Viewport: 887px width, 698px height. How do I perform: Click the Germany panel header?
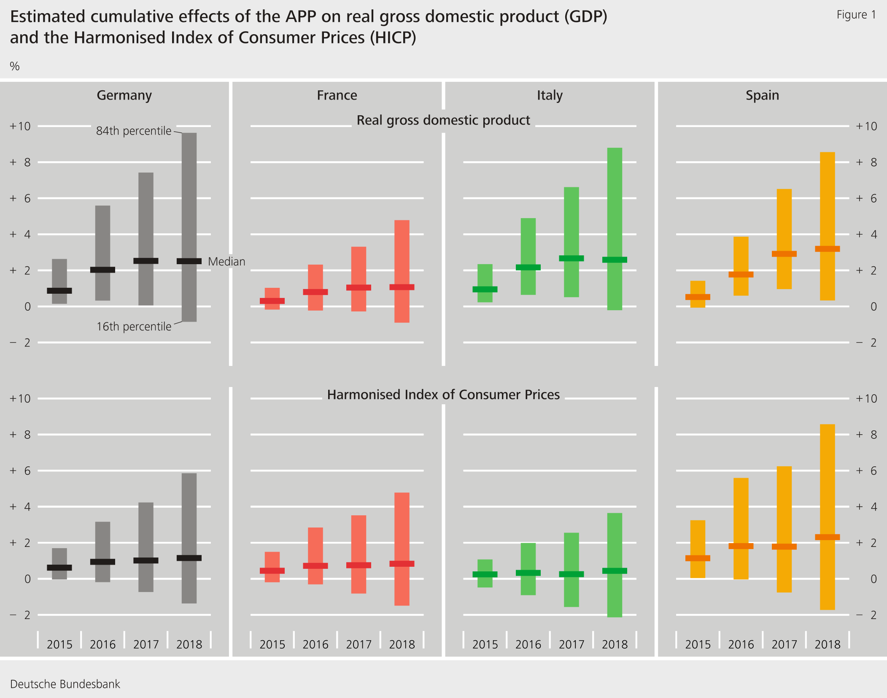click(124, 95)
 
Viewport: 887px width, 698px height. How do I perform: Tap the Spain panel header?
click(762, 95)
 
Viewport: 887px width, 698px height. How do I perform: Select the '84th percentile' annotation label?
click(133, 131)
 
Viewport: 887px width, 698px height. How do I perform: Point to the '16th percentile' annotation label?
click(134, 327)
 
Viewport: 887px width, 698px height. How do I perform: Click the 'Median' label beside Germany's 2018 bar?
click(226, 262)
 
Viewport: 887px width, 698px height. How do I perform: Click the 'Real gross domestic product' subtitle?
click(443, 120)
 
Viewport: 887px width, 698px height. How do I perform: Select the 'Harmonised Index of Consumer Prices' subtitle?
click(443, 395)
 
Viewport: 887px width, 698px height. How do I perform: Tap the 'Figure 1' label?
click(856, 15)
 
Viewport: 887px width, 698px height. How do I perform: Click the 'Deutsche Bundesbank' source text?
click(65, 684)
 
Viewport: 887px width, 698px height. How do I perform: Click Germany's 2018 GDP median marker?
click(189, 261)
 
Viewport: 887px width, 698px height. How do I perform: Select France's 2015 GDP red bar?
click(272, 293)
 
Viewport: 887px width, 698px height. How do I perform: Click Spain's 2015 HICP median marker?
click(698, 558)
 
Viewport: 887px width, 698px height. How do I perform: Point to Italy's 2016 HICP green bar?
click(528, 557)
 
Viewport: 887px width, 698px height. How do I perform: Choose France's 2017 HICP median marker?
click(359, 565)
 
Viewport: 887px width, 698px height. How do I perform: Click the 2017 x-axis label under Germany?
click(146, 644)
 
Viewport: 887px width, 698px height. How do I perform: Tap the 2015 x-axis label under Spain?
click(698, 644)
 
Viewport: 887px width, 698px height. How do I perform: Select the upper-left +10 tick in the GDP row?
click(20, 126)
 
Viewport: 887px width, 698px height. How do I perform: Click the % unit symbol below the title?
click(15, 66)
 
